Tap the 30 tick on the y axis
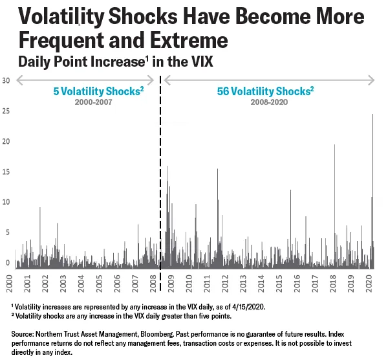pyautogui.click(x=6, y=80)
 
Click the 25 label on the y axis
pyautogui.click(x=6, y=111)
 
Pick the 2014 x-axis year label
pyautogui.click(x=261, y=283)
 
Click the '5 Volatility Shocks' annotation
pyautogui.click(x=98, y=91)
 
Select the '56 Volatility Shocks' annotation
pyautogui.click(x=265, y=91)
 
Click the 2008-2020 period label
pyautogui.click(x=266, y=102)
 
